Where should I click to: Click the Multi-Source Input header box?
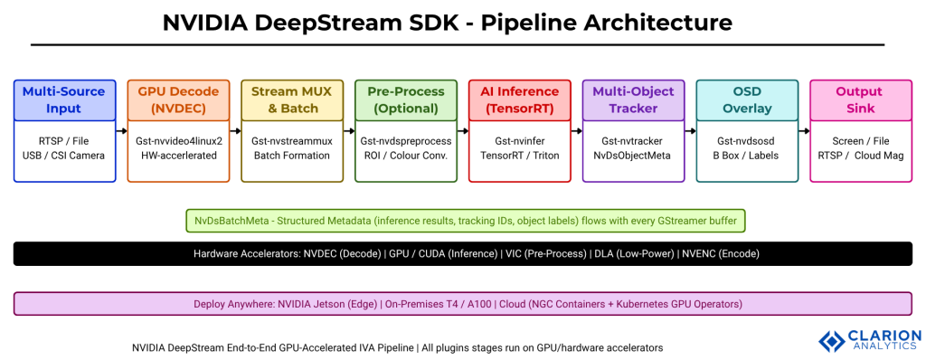pyautogui.click(x=64, y=99)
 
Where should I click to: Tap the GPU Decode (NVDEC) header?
pyautogui.click(x=178, y=99)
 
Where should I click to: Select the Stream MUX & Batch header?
pyautogui.click(x=292, y=99)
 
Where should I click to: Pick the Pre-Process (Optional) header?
pyautogui.click(x=406, y=99)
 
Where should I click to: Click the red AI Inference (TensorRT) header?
pyautogui.click(x=520, y=99)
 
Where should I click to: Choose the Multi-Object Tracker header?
pyautogui.click(x=633, y=99)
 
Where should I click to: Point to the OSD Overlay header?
pyautogui.click(x=747, y=99)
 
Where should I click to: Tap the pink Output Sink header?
pyautogui.click(x=859, y=99)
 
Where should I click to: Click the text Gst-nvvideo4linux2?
pyautogui.click(x=178, y=142)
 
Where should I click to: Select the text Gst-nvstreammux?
pyautogui.click(x=292, y=142)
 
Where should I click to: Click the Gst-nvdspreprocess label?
pyautogui.click(x=406, y=142)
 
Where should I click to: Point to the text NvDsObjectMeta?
pyautogui.click(x=633, y=156)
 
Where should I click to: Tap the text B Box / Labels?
pyautogui.click(x=747, y=156)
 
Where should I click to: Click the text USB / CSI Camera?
pyautogui.click(x=64, y=156)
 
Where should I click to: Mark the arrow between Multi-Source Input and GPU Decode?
pyautogui.click(x=121, y=131)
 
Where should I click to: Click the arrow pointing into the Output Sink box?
pyautogui.click(x=804, y=131)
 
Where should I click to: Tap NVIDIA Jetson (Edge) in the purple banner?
pyautogui.click(x=335, y=304)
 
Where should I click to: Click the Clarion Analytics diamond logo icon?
pyautogui.click(x=831, y=340)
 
